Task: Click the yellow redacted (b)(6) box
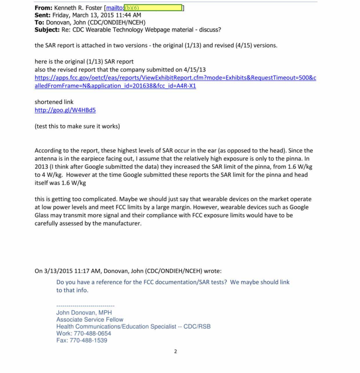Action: pos(153,8)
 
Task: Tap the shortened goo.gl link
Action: pos(65,110)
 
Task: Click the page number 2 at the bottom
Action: pos(175,352)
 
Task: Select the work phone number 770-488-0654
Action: pos(92,334)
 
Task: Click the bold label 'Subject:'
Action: pos(46,30)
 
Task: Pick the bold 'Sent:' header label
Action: pos(43,15)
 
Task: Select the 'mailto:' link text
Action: pos(115,8)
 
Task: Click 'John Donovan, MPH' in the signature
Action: pos(84,313)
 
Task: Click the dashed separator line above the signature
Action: pos(86,306)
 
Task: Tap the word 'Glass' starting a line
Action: pos(43,215)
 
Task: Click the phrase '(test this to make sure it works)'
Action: pos(77,126)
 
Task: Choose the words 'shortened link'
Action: pos(54,102)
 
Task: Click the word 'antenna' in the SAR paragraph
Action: pos(46,159)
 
